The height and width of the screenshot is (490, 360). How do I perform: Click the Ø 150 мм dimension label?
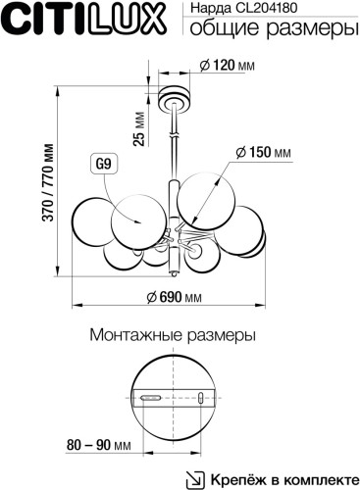(263, 153)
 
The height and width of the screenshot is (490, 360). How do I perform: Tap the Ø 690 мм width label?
(174, 297)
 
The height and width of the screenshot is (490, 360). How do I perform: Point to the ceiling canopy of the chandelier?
(177, 98)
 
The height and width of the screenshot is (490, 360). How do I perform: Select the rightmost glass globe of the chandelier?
(251, 235)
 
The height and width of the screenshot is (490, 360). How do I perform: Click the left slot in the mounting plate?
(152, 398)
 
